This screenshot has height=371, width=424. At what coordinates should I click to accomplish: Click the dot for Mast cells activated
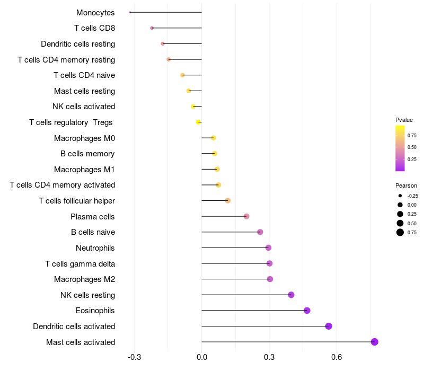375,342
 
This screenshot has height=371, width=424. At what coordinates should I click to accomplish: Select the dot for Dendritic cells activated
329,326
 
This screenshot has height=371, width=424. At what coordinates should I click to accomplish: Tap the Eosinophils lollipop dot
307,311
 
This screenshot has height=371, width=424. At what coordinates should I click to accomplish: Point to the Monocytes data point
130,12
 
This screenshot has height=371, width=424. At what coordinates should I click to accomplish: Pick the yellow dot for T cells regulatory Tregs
199,122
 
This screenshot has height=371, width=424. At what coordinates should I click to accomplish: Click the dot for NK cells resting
291,295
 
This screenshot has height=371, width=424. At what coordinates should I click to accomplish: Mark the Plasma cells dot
246,216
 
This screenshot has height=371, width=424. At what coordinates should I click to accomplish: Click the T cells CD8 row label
95,28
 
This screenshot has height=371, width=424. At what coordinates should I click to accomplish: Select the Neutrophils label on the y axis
95,248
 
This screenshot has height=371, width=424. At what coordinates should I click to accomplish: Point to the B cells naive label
93,232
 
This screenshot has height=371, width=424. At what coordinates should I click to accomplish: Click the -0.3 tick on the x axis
134,358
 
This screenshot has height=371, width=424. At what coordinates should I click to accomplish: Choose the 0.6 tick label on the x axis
336,358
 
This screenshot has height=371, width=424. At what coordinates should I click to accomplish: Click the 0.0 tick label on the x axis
202,358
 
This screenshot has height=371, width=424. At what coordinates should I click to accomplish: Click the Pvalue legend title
404,120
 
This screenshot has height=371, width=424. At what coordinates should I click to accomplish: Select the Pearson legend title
406,185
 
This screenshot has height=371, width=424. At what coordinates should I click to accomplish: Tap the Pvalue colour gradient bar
400,148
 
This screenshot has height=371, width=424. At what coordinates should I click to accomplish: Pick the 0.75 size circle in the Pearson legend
400,232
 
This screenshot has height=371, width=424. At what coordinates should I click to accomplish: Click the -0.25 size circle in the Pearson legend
400,196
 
